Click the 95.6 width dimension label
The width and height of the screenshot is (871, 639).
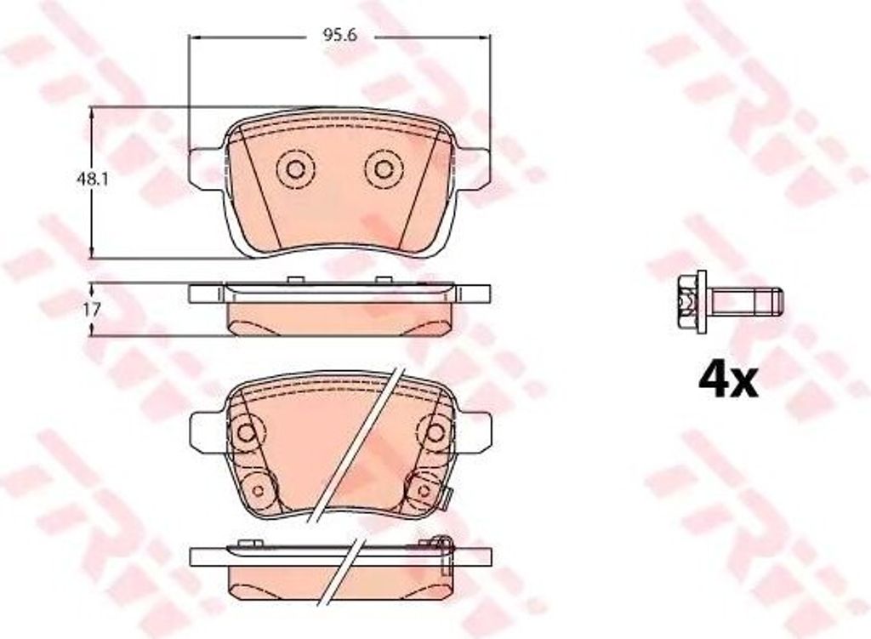coord(339,35)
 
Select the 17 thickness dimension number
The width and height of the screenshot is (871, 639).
coord(92,310)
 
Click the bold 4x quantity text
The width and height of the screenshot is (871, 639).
coord(727,380)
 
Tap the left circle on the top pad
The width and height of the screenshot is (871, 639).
coord(295,169)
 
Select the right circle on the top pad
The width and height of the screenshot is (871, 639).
coord(384,169)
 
